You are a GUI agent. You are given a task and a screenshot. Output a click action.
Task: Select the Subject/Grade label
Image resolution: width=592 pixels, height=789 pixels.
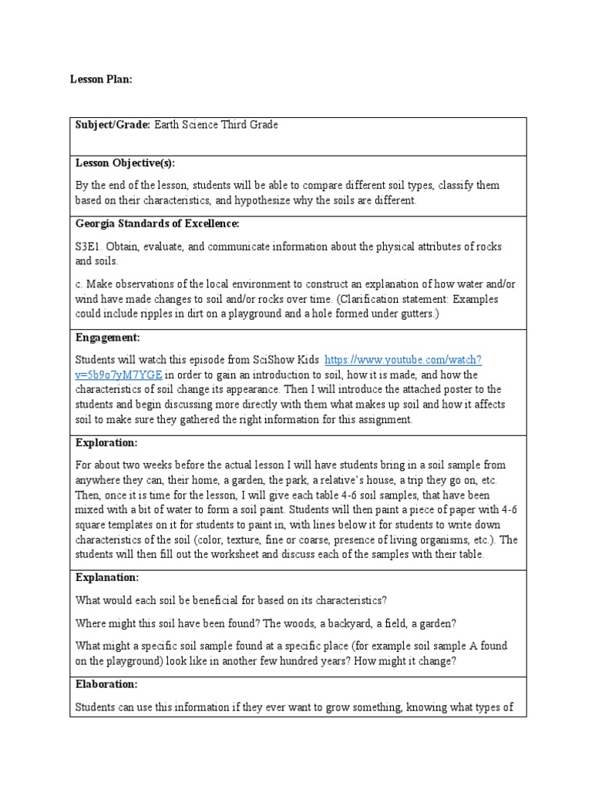pos(113,125)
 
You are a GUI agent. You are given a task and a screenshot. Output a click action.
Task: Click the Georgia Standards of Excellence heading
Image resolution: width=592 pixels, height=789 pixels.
pos(157,223)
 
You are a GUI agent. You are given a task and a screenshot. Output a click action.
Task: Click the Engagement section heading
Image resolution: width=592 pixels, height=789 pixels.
pos(107,337)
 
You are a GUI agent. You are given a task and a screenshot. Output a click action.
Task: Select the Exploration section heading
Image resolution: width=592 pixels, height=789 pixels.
pos(106,443)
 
